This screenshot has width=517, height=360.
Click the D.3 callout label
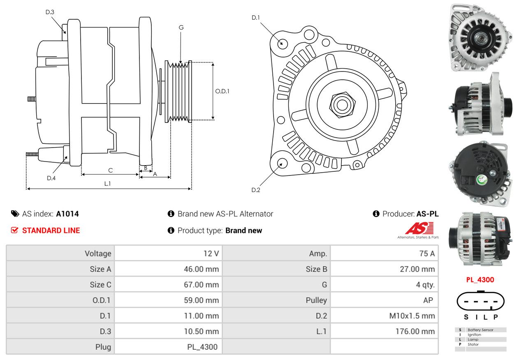(50, 12)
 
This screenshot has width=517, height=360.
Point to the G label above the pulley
(181, 28)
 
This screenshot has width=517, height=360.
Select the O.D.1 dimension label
(222, 91)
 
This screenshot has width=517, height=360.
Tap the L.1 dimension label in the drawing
(108, 184)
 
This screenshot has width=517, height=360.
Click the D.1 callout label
(256, 18)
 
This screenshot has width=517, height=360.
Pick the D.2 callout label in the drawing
(256, 190)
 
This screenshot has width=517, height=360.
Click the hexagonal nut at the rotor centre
(343, 105)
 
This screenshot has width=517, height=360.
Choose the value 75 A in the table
(427, 254)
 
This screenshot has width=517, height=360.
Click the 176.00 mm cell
(415, 331)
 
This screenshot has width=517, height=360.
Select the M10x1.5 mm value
(412, 316)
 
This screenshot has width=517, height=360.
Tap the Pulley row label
(316, 300)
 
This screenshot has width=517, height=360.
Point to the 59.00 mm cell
(201, 300)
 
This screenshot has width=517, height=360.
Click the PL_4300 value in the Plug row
(202, 347)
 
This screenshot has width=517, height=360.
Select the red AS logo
(420, 228)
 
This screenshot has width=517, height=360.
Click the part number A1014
(67, 214)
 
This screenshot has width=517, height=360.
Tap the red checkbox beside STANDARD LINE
(14, 230)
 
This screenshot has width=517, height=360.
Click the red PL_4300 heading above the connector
(480, 280)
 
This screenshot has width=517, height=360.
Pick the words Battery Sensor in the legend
(480, 330)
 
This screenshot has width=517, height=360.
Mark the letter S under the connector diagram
(466, 317)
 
